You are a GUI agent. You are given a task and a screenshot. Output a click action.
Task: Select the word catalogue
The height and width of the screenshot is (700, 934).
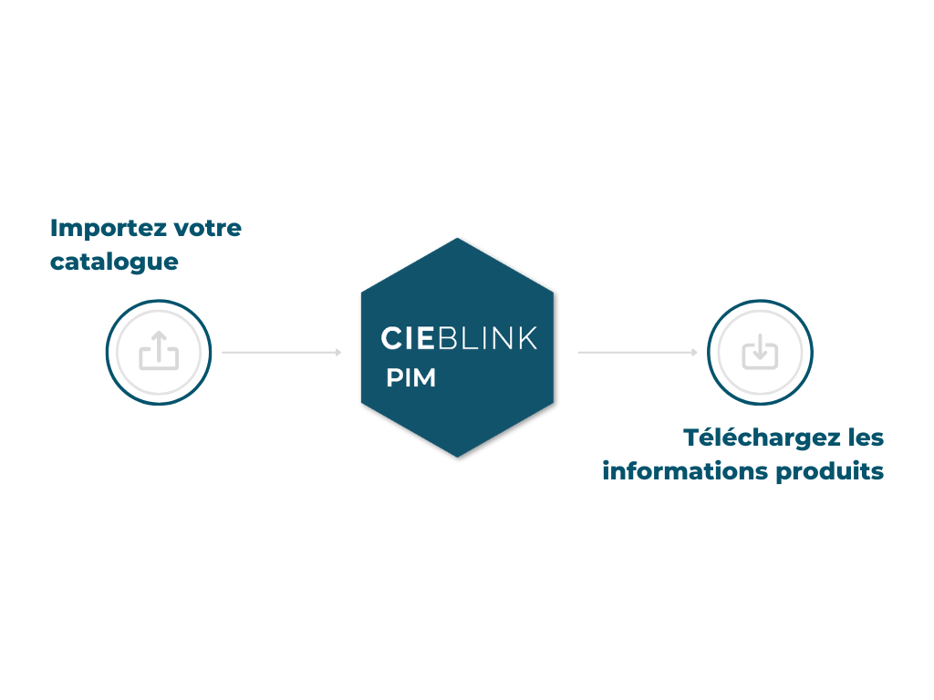tap(114, 262)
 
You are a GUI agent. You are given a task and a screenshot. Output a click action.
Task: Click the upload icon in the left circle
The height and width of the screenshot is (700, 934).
tap(159, 351)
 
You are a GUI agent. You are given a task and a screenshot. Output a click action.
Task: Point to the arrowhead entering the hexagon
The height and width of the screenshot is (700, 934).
tap(338, 352)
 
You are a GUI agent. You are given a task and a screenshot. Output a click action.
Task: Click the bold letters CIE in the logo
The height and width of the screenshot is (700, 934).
tap(408, 338)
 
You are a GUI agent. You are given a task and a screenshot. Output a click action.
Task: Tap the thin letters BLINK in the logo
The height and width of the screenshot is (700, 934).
tap(488, 338)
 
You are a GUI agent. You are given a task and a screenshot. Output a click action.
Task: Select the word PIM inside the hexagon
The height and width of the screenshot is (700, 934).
tap(410, 378)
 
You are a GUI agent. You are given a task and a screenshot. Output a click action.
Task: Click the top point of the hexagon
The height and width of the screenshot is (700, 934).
tap(457, 240)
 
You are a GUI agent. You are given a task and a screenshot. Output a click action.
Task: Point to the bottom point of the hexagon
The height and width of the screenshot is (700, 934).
tap(457, 456)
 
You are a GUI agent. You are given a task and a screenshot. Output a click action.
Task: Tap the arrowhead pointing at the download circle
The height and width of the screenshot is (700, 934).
tap(695, 352)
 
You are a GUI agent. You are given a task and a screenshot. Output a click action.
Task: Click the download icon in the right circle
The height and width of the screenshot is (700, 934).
tap(760, 351)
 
